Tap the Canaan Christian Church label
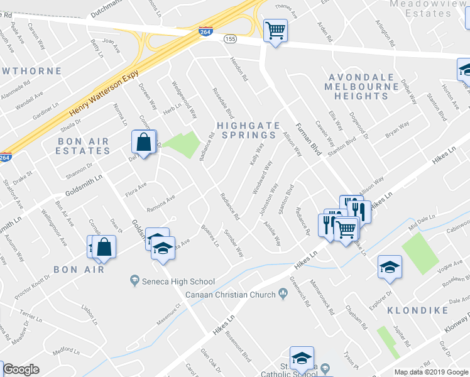tap(231, 295)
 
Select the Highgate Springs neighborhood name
tap(247, 129)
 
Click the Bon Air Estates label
tap(83, 146)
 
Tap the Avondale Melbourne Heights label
tap(361, 87)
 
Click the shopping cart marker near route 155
tap(275, 30)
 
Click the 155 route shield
tap(231, 39)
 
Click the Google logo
tap(21, 369)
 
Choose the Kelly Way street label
tap(256, 155)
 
